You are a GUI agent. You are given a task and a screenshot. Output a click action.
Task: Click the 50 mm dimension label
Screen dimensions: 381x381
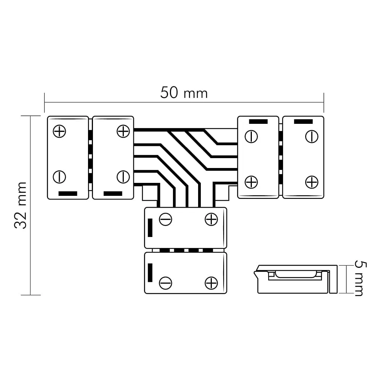point(184,93)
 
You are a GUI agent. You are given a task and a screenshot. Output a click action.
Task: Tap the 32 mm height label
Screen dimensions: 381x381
point(21,205)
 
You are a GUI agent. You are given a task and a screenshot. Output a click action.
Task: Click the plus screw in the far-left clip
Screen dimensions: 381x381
point(59,131)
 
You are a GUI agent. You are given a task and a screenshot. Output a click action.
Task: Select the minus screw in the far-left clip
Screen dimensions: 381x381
point(59,177)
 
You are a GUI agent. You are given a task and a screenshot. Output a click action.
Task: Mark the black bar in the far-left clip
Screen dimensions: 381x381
point(68,194)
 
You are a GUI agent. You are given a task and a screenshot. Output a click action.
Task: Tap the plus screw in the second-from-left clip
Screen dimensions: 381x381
point(123,131)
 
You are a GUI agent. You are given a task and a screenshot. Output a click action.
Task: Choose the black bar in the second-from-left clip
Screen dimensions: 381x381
point(113,194)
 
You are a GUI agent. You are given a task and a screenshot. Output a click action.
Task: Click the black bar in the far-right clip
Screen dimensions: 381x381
point(303,122)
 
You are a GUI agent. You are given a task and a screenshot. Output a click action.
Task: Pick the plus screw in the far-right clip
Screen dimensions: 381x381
point(312,182)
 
